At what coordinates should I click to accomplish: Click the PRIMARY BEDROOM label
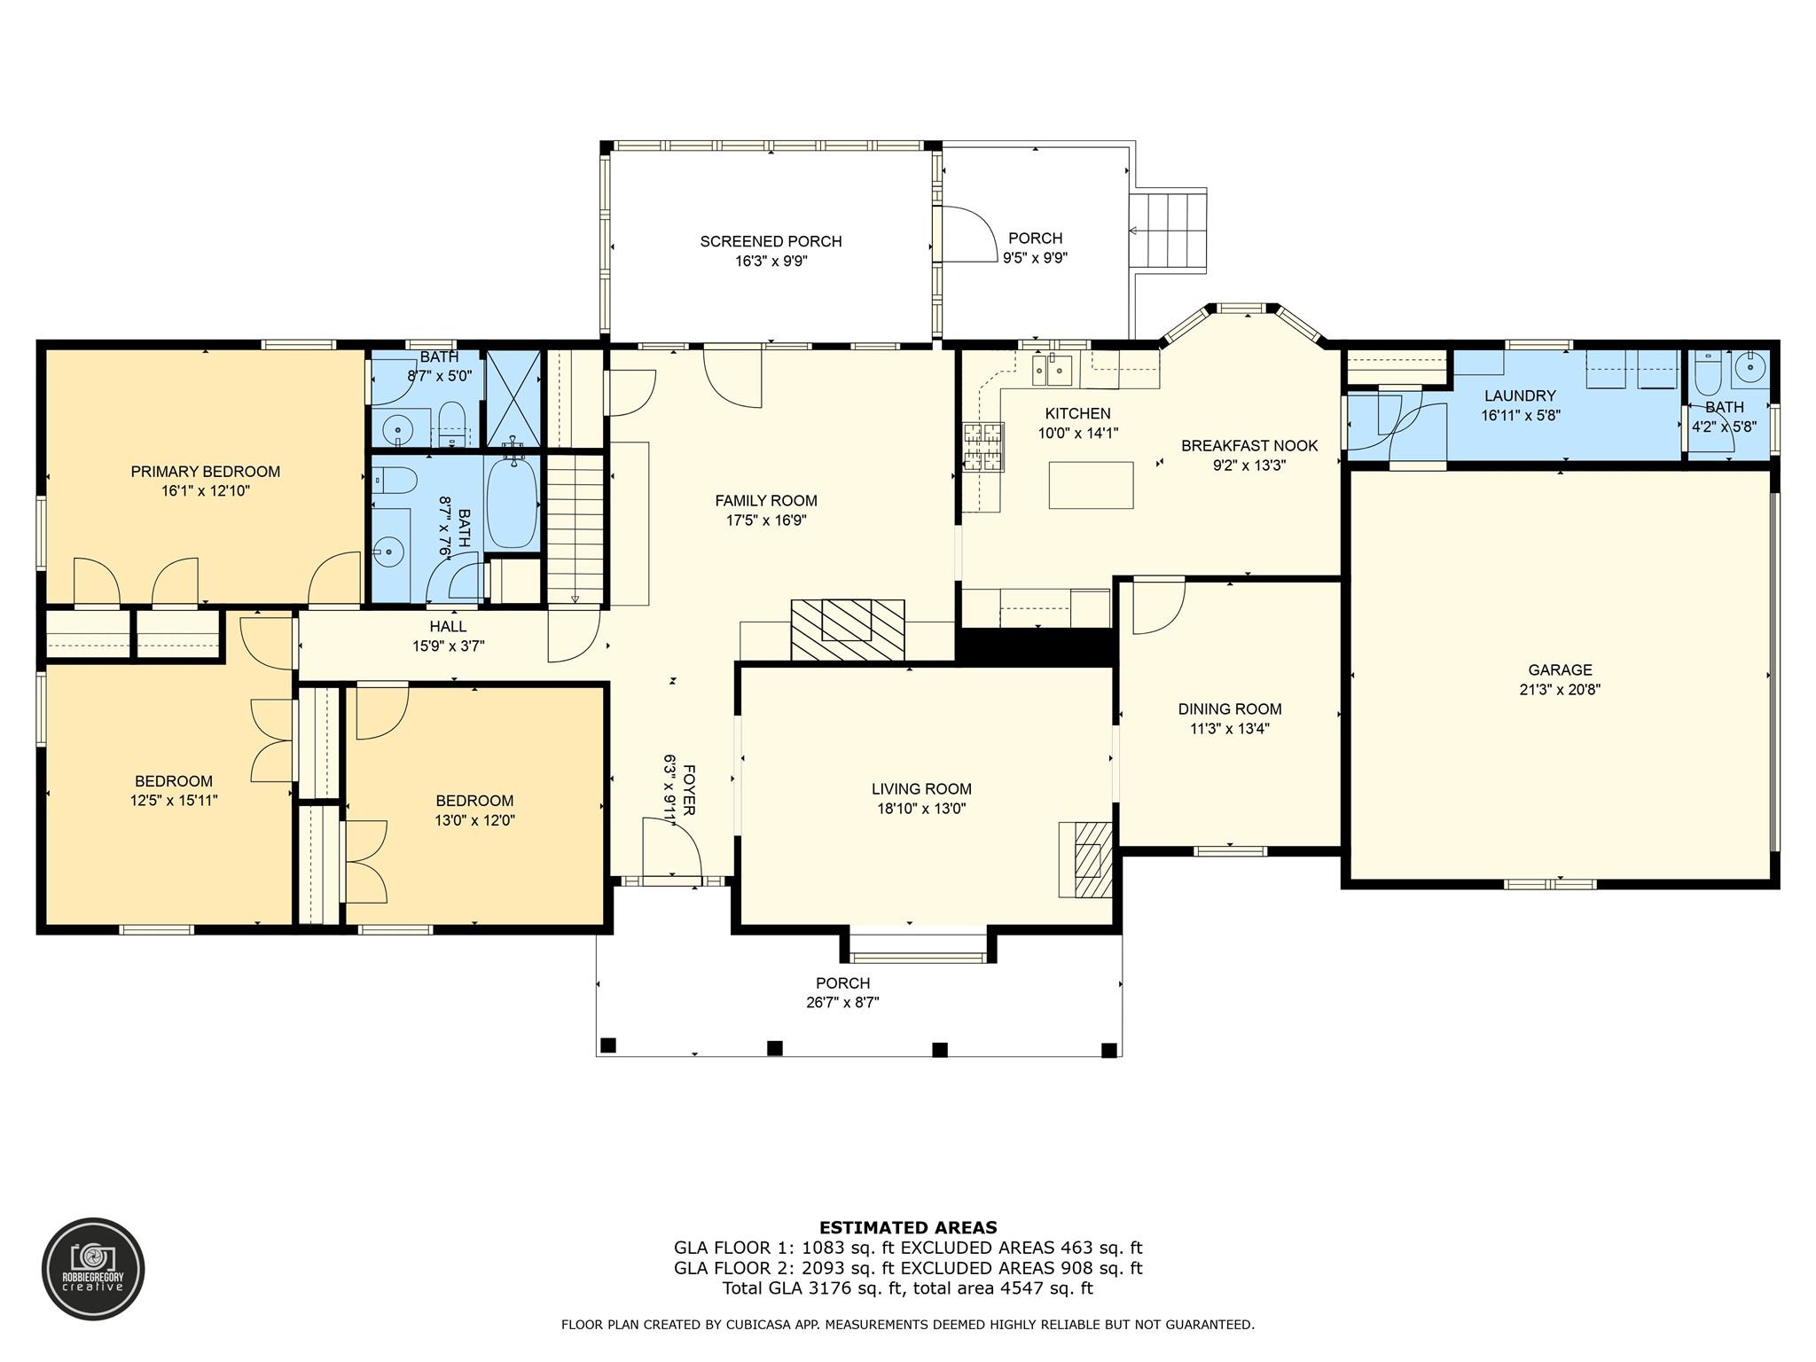205,472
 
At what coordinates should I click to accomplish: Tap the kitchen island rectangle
1091,485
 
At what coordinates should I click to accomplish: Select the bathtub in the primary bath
513,504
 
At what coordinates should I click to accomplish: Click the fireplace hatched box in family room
848,629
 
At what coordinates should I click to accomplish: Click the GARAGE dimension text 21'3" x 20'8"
1560,690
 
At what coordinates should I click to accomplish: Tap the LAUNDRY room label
1520,395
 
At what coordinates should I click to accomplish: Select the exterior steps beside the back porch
1168,232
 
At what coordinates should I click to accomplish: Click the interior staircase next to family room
575,528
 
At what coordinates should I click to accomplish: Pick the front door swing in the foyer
671,848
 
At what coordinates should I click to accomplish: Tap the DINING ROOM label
1229,708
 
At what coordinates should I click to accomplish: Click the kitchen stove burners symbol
983,447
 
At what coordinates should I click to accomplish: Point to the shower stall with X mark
513,400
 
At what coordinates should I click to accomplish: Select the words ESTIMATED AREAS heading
907,1227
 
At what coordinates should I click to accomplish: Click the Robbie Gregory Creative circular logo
93,1268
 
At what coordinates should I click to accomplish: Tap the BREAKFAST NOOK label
1248,445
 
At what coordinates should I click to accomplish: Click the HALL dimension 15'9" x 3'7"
448,646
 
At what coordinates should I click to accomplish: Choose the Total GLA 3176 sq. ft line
907,1288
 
